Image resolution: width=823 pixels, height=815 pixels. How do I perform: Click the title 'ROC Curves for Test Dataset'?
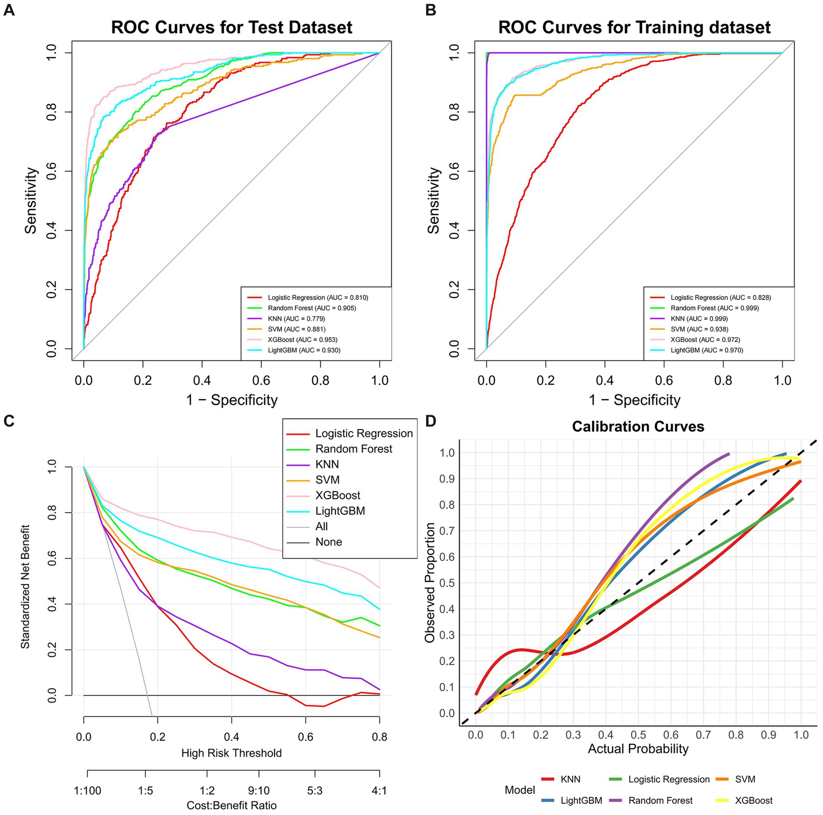232,27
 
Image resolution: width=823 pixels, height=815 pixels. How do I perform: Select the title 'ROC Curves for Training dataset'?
634,27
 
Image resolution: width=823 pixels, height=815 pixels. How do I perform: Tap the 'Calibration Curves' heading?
638,426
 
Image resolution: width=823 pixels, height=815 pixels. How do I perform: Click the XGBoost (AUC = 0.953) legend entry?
302,340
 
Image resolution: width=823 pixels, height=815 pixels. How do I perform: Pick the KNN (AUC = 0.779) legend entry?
296,319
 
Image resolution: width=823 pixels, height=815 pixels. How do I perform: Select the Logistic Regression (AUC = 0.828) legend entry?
720,298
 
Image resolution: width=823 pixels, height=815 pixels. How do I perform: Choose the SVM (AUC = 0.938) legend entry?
699,329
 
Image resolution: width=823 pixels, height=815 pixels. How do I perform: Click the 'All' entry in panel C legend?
321,526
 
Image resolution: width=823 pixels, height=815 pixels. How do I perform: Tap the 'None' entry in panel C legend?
328,542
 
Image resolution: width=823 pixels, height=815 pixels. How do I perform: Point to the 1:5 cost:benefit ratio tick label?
145,791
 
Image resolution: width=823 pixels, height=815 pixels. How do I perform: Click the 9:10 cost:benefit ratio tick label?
258,791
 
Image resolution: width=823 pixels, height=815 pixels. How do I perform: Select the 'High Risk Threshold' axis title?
231,753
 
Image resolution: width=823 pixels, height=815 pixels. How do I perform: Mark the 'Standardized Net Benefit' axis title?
25,587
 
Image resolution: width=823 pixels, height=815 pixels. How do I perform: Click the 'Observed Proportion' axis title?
430,583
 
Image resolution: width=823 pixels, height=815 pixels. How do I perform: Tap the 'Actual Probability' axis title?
638,749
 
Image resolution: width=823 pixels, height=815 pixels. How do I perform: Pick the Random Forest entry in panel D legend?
660,801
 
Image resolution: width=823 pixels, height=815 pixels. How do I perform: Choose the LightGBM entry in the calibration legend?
581,801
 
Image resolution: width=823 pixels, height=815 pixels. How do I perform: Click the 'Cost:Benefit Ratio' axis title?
231,805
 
